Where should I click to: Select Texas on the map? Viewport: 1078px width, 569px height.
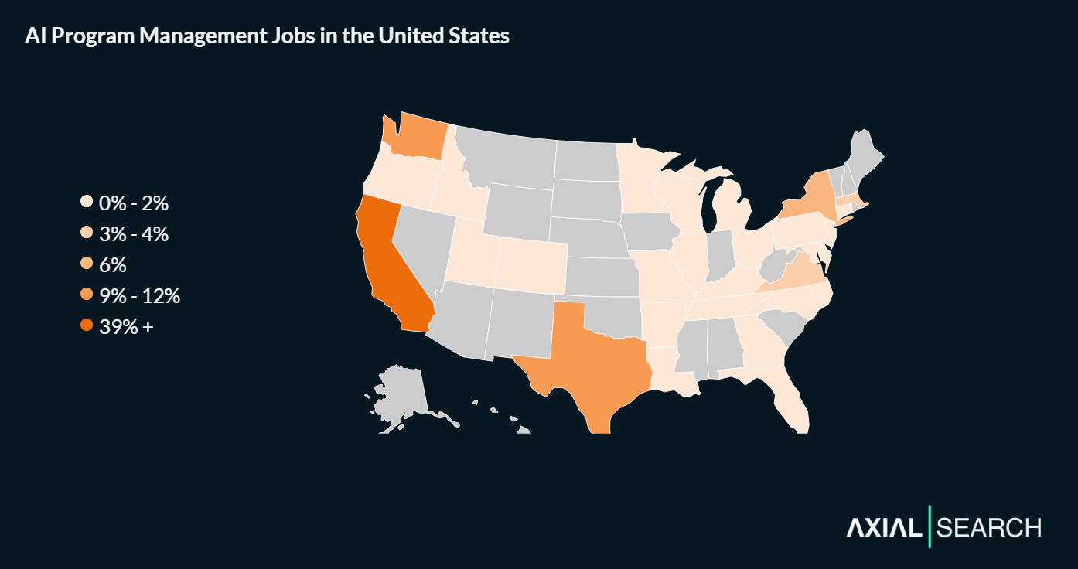[x=588, y=359]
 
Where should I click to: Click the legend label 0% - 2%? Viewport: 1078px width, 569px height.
[x=134, y=203]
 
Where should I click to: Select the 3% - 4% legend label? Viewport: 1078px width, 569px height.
[x=134, y=234]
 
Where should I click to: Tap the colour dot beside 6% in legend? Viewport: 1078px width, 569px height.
[x=87, y=265]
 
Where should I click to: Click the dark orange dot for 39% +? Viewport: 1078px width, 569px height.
[x=87, y=327]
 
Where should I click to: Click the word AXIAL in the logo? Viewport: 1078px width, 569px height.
[x=885, y=528]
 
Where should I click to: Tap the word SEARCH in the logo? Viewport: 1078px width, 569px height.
[x=989, y=528]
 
